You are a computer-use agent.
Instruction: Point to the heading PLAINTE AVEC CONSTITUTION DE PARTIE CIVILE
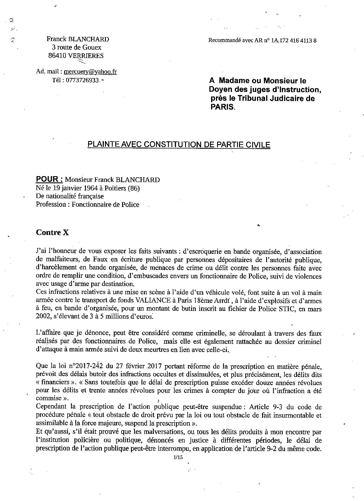pyautogui.click(x=179, y=144)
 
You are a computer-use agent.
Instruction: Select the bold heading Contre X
pyautogui.click(x=52, y=232)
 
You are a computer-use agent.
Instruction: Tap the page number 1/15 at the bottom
pyautogui.click(x=178, y=457)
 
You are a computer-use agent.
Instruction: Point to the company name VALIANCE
pyautogui.click(x=151, y=301)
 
